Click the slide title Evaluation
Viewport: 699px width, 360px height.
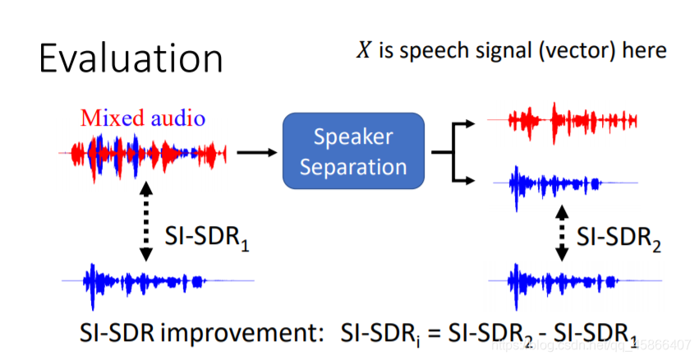(x=131, y=59)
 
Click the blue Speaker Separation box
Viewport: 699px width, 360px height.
(x=353, y=152)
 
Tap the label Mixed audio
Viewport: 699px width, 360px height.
(x=143, y=118)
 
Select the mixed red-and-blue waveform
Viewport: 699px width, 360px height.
(x=143, y=153)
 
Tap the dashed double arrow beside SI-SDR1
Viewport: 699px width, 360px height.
(x=145, y=220)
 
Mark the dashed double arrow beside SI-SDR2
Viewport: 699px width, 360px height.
(x=562, y=233)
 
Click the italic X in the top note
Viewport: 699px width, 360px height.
(x=362, y=50)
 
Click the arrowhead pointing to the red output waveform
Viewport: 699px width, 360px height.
(x=469, y=124)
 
